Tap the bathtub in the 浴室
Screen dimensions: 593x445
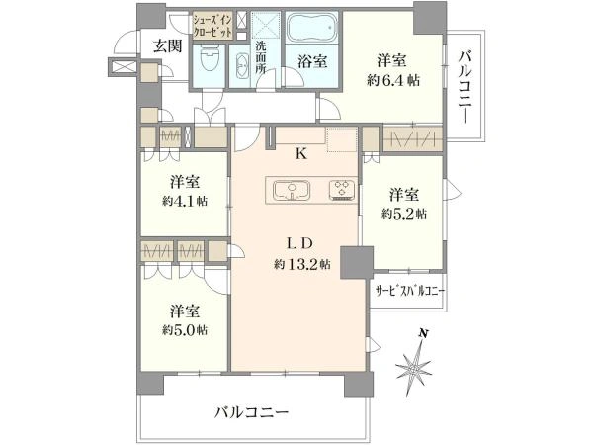point(312,28)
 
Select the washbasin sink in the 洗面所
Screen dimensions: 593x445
point(242,66)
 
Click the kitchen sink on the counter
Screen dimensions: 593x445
point(292,190)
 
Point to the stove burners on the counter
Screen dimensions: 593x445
point(342,189)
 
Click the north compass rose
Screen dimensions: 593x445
point(414,363)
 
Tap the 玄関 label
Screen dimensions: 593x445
point(168,46)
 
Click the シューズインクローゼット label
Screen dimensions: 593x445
point(212,25)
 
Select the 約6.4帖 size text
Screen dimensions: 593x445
point(393,81)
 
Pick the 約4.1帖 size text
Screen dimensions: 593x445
point(185,201)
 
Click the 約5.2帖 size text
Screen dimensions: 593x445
point(404,214)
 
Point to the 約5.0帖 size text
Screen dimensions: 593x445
point(185,330)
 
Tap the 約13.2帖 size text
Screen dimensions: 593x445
point(301,264)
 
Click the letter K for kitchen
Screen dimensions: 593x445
point(301,153)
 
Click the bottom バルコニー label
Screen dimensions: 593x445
point(252,412)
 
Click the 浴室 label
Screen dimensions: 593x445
point(312,61)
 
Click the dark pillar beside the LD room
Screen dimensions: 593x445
point(356,263)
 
